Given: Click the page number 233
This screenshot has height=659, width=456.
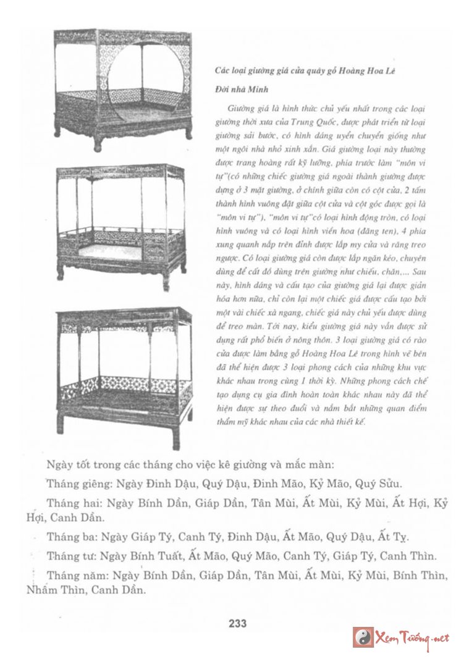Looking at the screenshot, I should (237, 623).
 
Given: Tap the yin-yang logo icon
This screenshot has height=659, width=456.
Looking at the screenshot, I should (363, 637).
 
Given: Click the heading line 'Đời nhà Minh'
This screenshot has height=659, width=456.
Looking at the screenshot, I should (230, 88).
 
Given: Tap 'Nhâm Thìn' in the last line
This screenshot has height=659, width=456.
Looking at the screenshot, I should (53, 590).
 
